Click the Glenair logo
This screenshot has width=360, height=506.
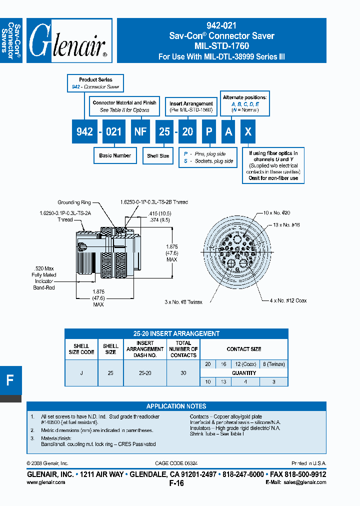(69, 40)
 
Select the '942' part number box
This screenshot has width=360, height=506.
(84, 131)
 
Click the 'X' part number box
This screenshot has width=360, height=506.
(249, 131)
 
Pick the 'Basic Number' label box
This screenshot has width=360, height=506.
(115, 155)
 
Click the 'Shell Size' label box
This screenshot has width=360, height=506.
(158, 156)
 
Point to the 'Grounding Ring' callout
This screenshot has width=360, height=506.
(74, 202)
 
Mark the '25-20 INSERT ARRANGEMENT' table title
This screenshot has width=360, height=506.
(176, 333)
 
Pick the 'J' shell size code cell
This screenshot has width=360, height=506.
(81, 373)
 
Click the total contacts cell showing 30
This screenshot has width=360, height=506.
(183, 373)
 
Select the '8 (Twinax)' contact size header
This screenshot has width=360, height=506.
(273, 364)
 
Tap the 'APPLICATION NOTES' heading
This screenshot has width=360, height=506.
(176, 406)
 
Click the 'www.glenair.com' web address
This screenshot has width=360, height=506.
(45, 482)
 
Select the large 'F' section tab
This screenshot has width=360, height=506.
(10, 380)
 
